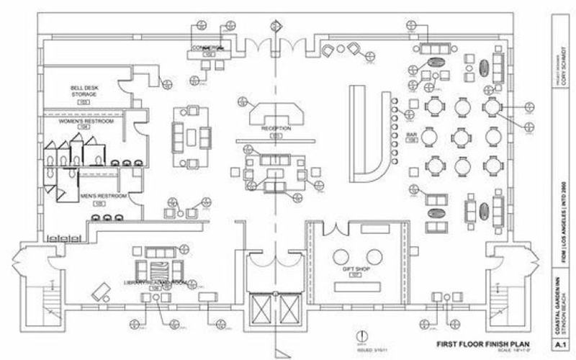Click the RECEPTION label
(x=276, y=128)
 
